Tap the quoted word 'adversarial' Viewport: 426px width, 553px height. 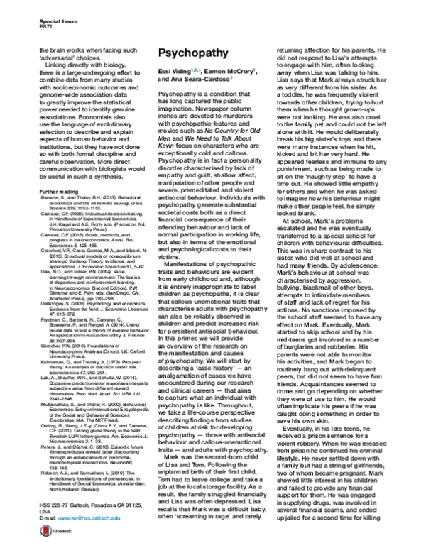click(60, 58)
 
